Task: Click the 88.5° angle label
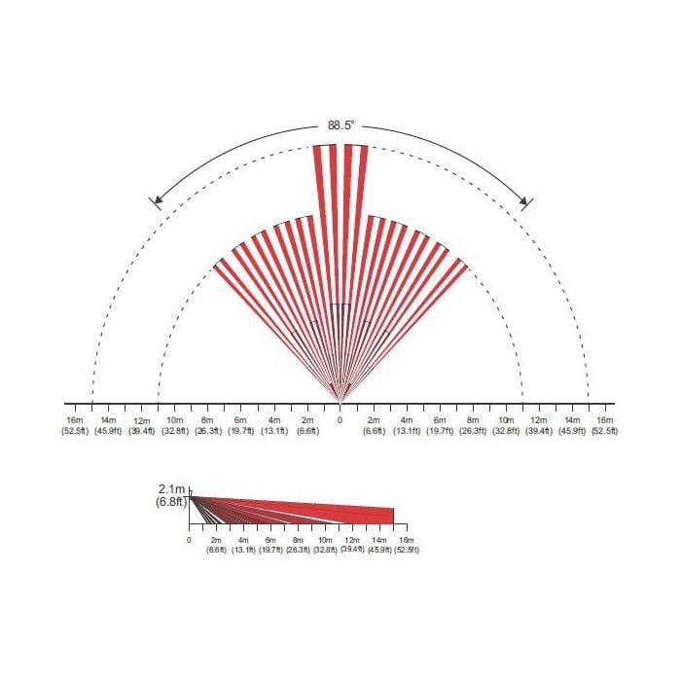pos(340,125)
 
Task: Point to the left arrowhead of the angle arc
pos(159,200)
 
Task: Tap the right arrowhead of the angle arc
pos(523,200)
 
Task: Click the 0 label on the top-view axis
pos(340,420)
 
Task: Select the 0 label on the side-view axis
pos(189,540)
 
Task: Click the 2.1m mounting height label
pos(172,490)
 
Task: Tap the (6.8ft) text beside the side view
pos(171,502)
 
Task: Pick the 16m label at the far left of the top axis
pos(74,420)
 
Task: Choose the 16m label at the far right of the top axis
pos(605,420)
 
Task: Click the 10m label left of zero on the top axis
pos(174,420)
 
